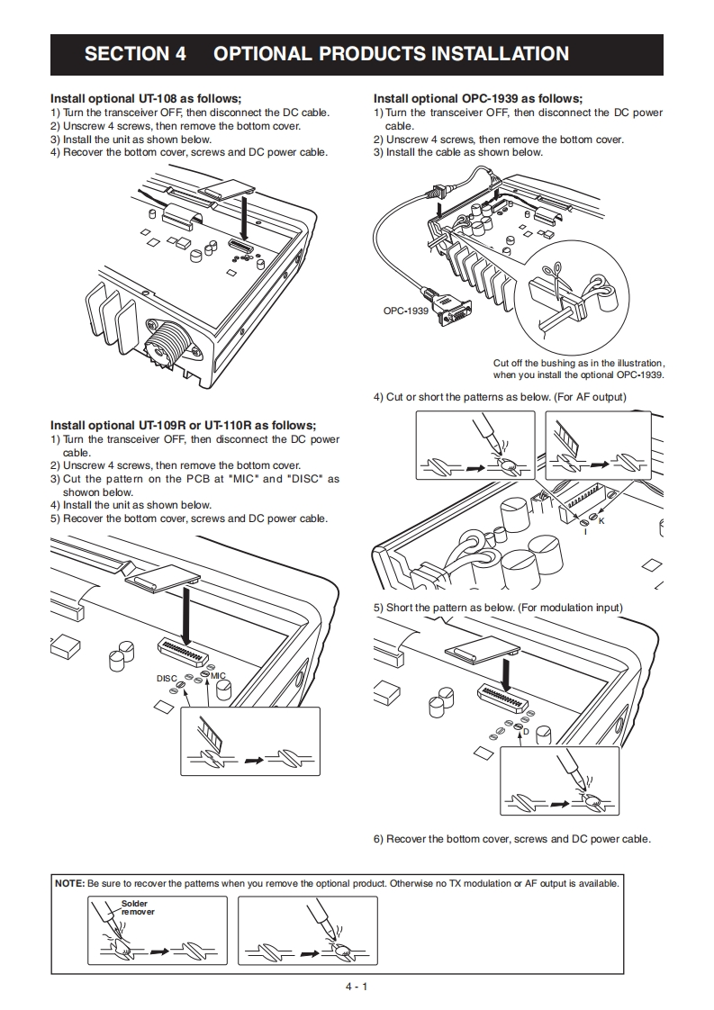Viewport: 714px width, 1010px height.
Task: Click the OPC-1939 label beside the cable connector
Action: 406,311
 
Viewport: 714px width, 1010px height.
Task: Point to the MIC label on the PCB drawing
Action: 218,675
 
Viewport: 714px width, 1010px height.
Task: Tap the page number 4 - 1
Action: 357,986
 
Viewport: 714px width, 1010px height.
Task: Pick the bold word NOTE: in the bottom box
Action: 70,883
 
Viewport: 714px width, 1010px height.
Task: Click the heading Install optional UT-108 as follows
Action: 146,98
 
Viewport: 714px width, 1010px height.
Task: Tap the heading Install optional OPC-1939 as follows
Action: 477,98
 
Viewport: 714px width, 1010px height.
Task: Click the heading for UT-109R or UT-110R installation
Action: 183,425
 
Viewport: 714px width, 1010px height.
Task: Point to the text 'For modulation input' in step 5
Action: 565,608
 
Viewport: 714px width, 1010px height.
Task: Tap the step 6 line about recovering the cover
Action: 511,839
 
